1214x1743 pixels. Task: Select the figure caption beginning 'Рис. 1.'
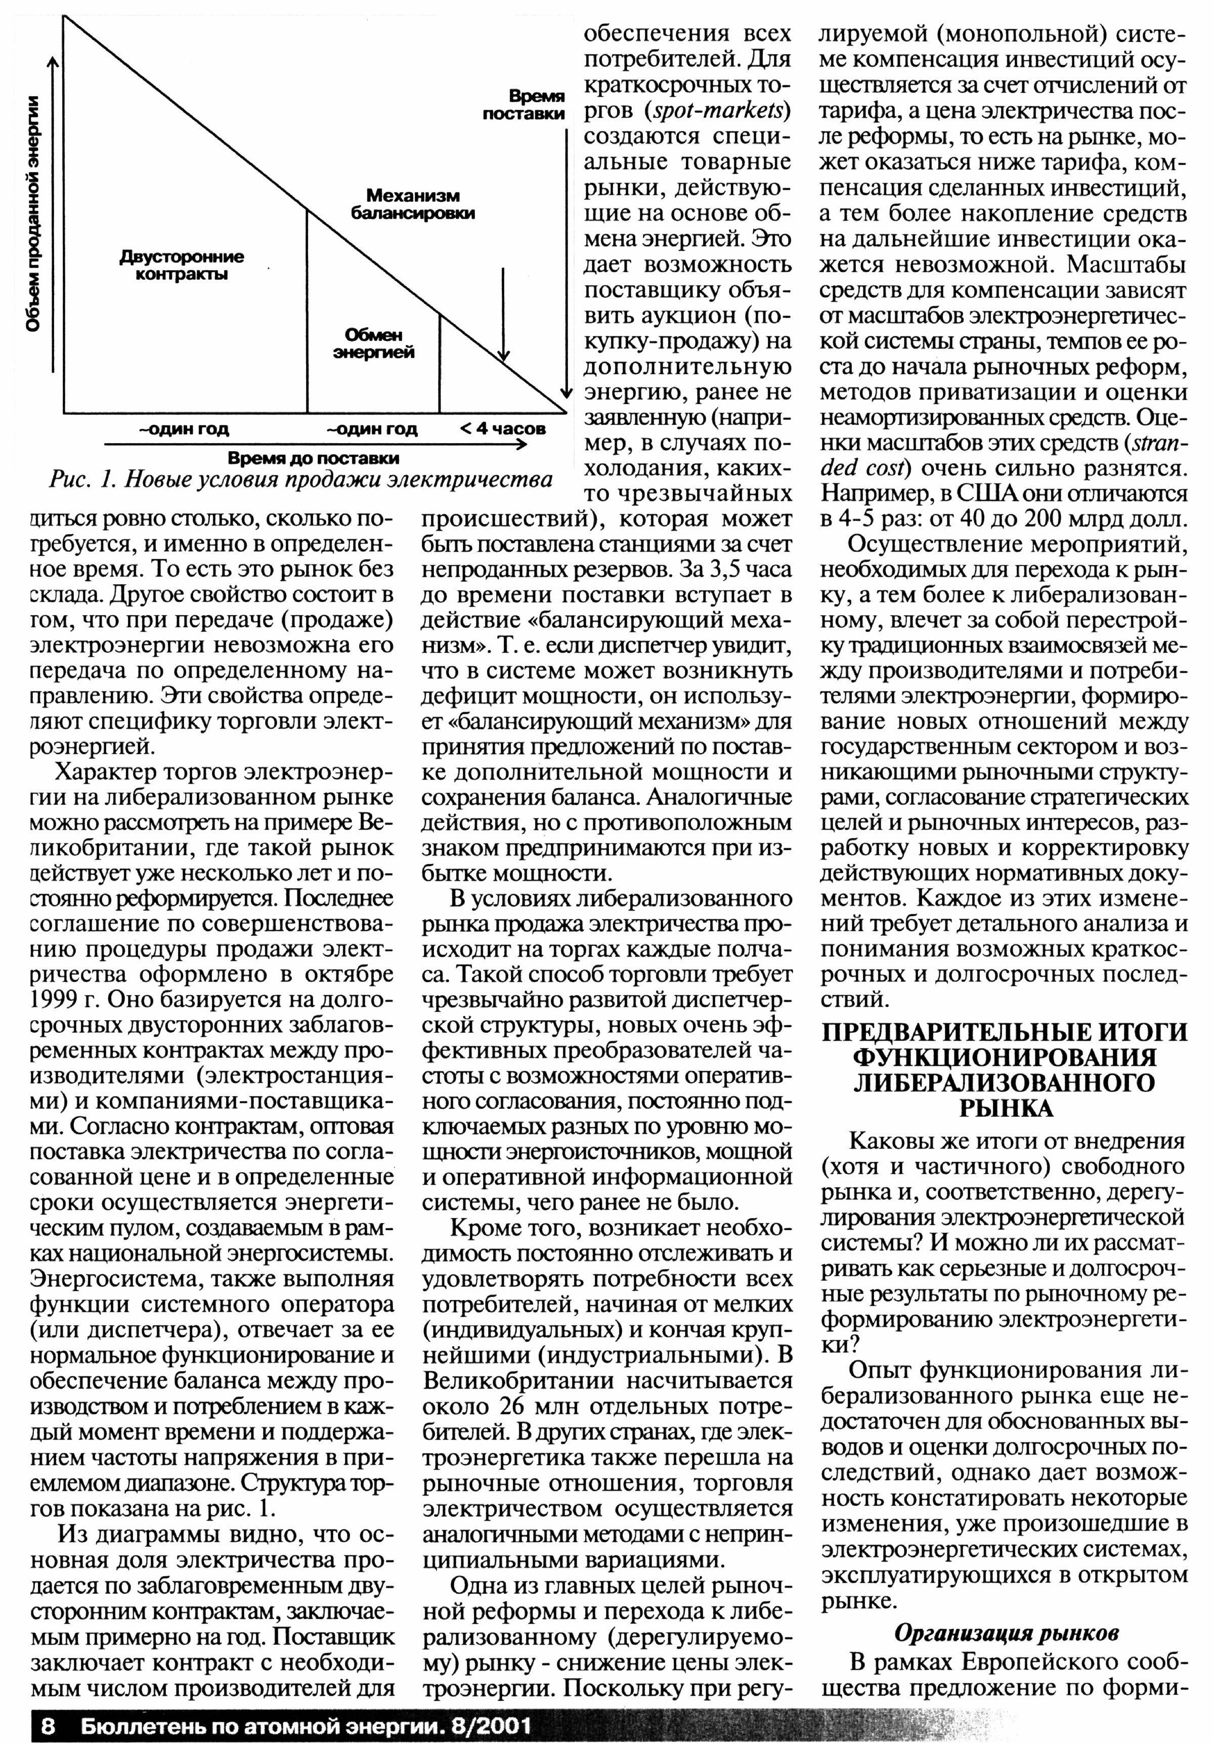point(300,481)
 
